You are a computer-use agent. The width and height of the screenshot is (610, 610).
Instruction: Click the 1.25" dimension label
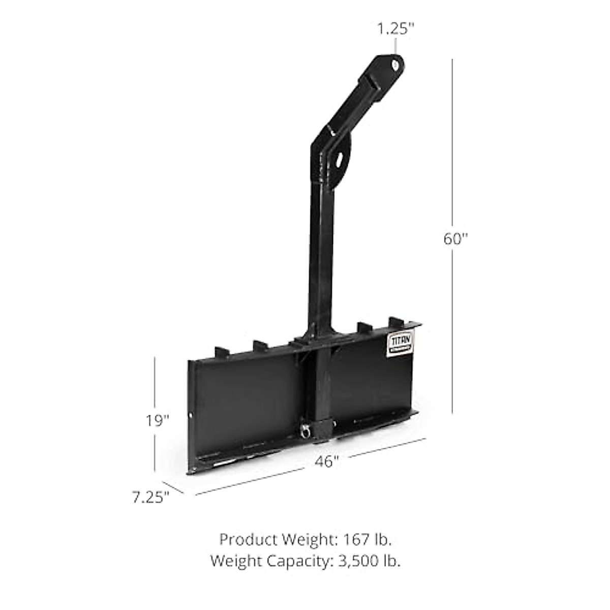click(x=392, y=29)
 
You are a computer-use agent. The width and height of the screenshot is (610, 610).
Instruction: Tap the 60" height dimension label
click(x=454, y=238)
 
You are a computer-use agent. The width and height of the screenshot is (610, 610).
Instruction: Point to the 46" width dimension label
click(x=326, y=461)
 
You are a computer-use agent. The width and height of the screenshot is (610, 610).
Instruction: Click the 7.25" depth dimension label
click(x=150, y=497)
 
